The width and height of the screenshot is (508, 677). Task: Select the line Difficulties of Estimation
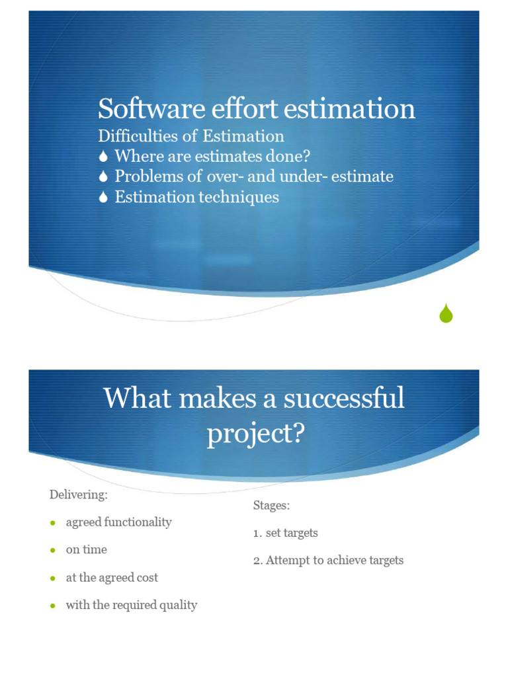[191, 136]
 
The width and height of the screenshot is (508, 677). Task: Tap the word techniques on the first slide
[240, 197]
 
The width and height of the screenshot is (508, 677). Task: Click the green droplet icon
[446, 313]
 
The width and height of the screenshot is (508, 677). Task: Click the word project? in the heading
[255, 434]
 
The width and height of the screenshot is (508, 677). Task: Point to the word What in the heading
[133, 399]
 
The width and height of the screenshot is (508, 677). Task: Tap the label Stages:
[271, 506]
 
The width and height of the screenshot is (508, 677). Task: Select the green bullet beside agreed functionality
[53, 523]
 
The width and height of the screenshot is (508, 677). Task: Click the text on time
[86, 550]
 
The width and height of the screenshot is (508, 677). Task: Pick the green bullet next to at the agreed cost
[53, 578]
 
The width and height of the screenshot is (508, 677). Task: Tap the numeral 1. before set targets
[258, 533]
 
